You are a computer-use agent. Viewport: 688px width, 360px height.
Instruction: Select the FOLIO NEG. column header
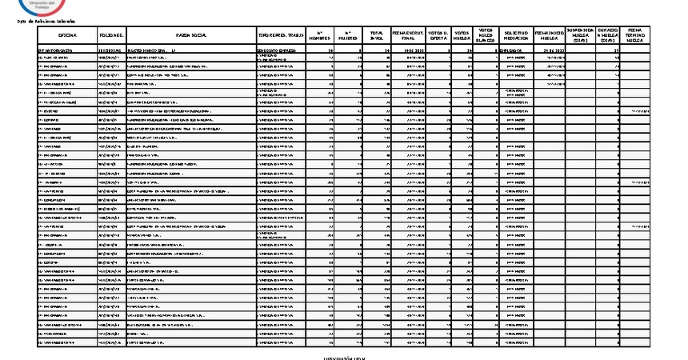point(112,36)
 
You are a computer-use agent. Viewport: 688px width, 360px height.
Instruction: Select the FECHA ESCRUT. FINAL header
point(408,36)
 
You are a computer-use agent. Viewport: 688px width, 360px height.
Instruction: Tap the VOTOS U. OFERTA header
point(438,36)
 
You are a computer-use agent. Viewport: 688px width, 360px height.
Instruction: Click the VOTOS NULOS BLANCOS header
point(487,35)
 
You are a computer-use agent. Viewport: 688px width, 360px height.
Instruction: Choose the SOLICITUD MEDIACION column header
point(517,36)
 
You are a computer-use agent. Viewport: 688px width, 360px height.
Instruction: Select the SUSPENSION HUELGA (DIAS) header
point(580,35)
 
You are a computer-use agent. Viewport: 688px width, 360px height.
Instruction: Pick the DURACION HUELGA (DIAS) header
point(608,35)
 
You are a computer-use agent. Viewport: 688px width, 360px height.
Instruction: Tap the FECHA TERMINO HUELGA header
point(636,35)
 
